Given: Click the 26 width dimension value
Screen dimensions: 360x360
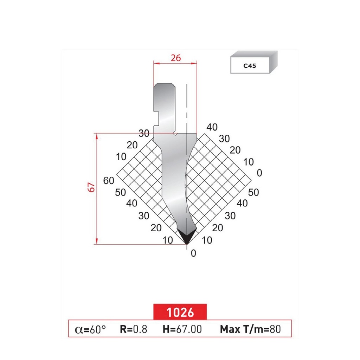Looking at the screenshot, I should click(x=175, y=58).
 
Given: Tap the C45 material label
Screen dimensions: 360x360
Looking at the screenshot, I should click(x=250, y=66).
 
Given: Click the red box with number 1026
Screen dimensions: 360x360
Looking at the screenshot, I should click(x=180, y=311).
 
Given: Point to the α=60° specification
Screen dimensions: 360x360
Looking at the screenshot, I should click(x=90, y=329).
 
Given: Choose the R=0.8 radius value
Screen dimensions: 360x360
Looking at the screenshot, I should click(x=133, y=329).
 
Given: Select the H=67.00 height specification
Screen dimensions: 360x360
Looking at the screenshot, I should click(x=182, y=329).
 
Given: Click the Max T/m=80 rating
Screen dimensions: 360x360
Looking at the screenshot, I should click(x=250, y=329).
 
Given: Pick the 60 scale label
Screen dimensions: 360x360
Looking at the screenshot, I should click(x=109, y=181).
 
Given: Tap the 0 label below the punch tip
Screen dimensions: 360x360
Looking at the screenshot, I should click(x=193, y=253).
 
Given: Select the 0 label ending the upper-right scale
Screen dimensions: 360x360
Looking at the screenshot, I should click(x=259, y=173).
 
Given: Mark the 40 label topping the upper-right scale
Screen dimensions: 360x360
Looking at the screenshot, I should click(x=212, y=127).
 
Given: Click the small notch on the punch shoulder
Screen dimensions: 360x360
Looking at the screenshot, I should click(x=175, y=134).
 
